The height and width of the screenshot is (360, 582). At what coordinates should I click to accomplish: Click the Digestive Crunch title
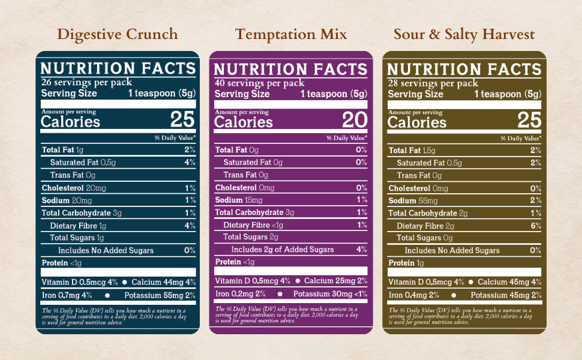[118, 34]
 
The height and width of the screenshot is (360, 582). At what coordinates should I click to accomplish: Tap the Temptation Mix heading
[291, 34]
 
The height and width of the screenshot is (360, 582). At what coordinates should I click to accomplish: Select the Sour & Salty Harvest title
[464, 34]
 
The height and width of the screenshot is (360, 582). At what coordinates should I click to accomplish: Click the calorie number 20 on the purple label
[355, 120]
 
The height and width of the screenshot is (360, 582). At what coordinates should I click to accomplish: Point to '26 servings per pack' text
[86, 83]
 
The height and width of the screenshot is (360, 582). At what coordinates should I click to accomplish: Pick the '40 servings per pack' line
[259, 83]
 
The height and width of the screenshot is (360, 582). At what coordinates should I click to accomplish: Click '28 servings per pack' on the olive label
[433, 83]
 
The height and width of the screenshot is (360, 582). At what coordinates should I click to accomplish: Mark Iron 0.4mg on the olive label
[410, 295]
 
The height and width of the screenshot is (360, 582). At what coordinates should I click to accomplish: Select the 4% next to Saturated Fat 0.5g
[190, 163]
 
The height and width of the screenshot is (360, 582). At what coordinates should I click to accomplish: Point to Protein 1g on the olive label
[406, 263]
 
